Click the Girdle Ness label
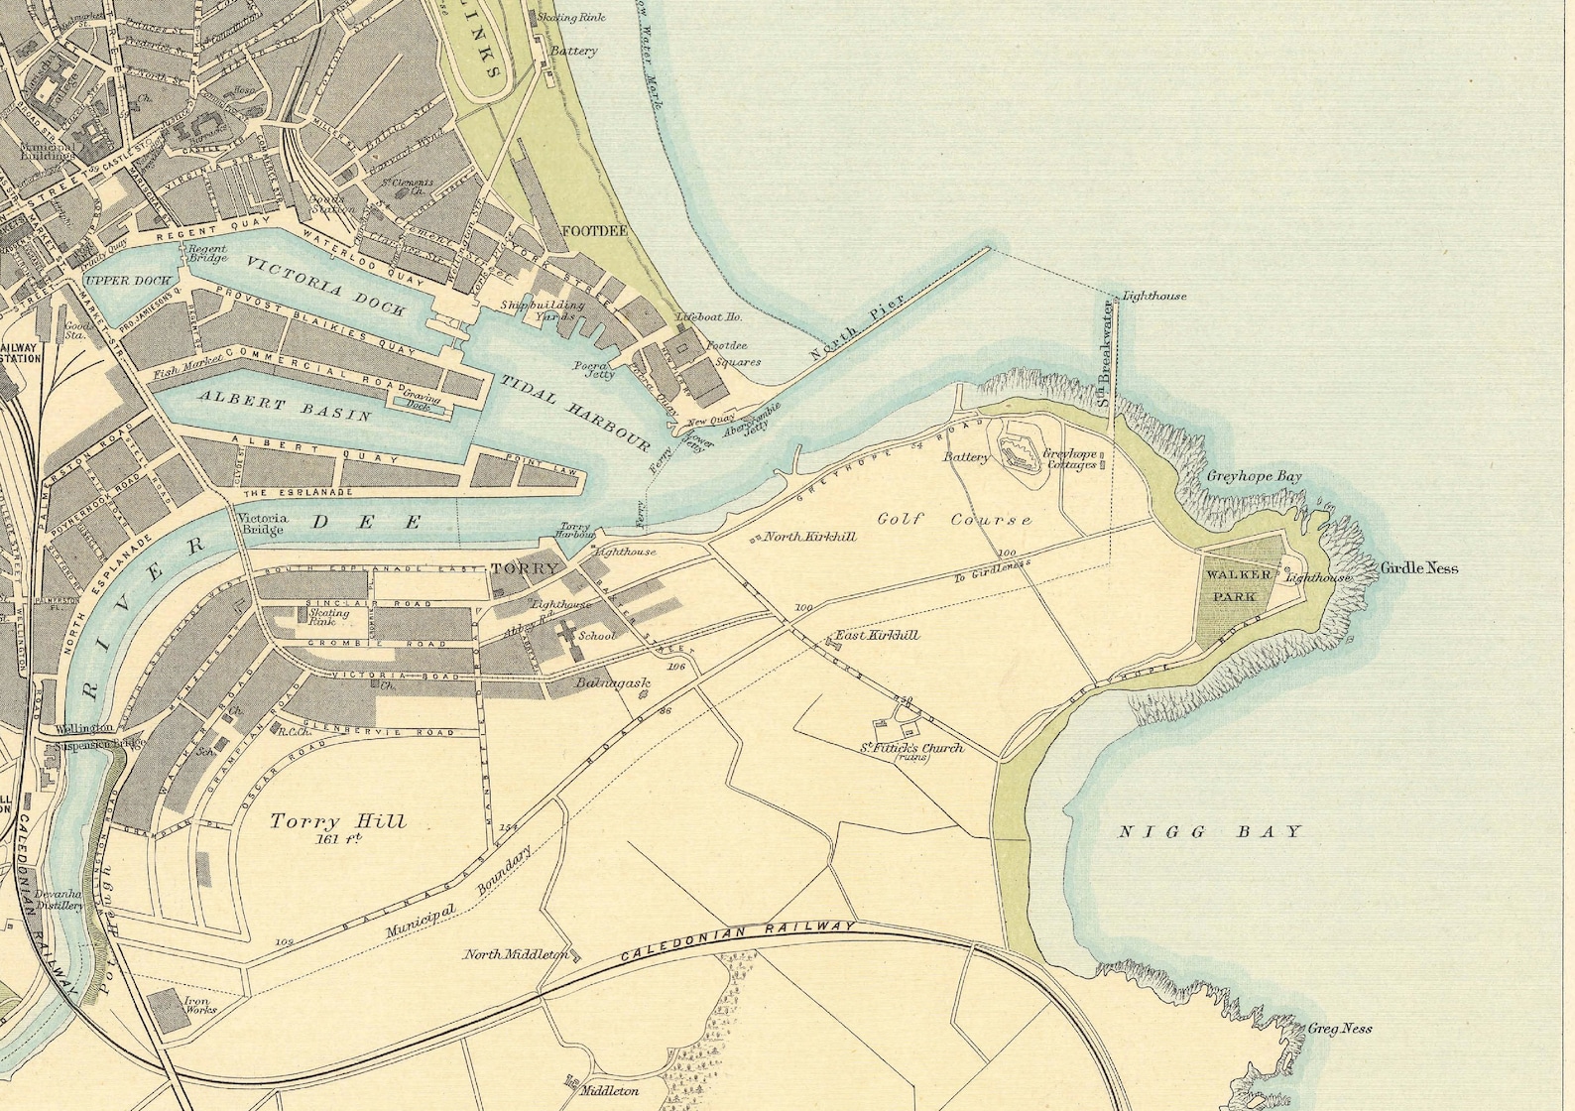1418,568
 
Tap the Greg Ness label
1339,1029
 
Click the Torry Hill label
338,820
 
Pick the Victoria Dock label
325,286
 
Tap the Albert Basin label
285,406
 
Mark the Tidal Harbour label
574,414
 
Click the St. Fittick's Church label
910,748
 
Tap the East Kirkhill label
877,635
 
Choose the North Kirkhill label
809,537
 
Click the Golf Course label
954,519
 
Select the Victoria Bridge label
262,523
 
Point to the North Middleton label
516,954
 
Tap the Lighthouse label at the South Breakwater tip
1153,296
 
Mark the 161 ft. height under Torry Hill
338,839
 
